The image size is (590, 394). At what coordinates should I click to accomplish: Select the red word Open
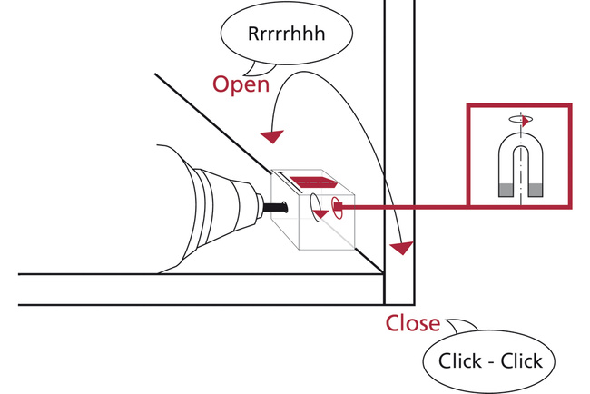(x=241, y=84)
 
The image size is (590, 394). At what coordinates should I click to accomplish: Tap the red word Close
(x=413, y=323)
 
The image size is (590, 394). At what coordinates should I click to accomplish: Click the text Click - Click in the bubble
(x=490, y=360)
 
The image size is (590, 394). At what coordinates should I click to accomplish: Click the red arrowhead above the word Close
(x=399, y=246)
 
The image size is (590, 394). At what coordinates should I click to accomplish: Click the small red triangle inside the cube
(x=320, y=214)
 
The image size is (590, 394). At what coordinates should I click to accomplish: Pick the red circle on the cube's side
(x=336, y=207)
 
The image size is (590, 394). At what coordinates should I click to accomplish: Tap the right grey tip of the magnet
(x=535, y=191)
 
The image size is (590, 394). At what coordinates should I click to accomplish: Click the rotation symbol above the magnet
(x=519, y=117)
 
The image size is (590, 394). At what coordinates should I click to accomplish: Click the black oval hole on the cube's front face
(x=314, y=203)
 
